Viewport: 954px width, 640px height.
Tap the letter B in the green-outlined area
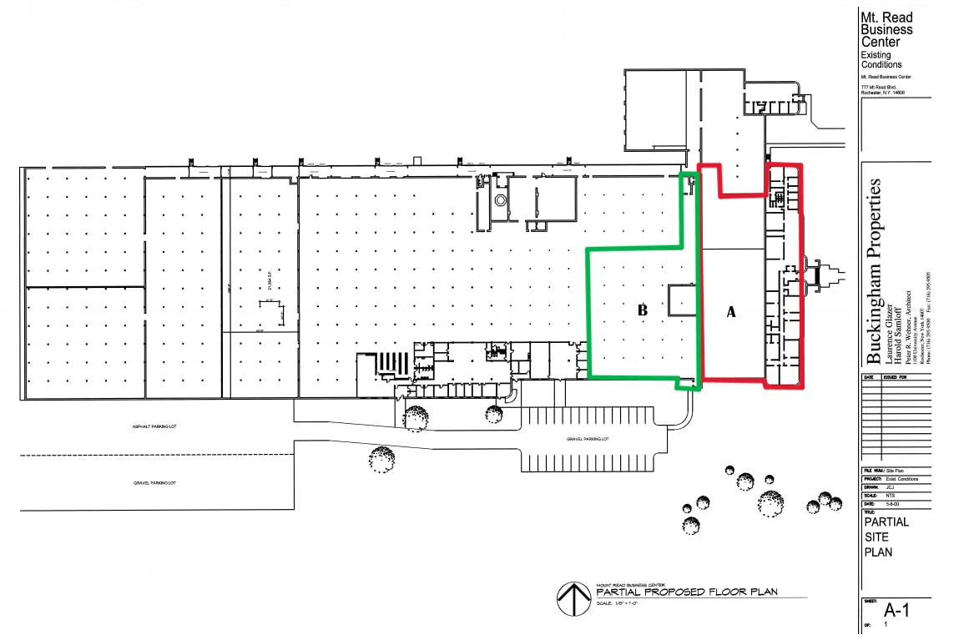643,310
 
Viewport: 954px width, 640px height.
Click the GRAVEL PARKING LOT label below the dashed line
155,483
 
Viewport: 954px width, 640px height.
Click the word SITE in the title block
876,537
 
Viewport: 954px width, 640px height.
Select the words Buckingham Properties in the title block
875,271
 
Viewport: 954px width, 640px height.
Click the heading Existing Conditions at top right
881,59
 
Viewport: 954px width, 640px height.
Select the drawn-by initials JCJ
891,487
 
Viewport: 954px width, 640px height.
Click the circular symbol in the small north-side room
501,200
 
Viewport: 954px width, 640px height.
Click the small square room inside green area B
682,300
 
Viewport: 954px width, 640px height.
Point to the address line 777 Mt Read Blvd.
879,87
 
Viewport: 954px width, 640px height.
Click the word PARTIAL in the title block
886,522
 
